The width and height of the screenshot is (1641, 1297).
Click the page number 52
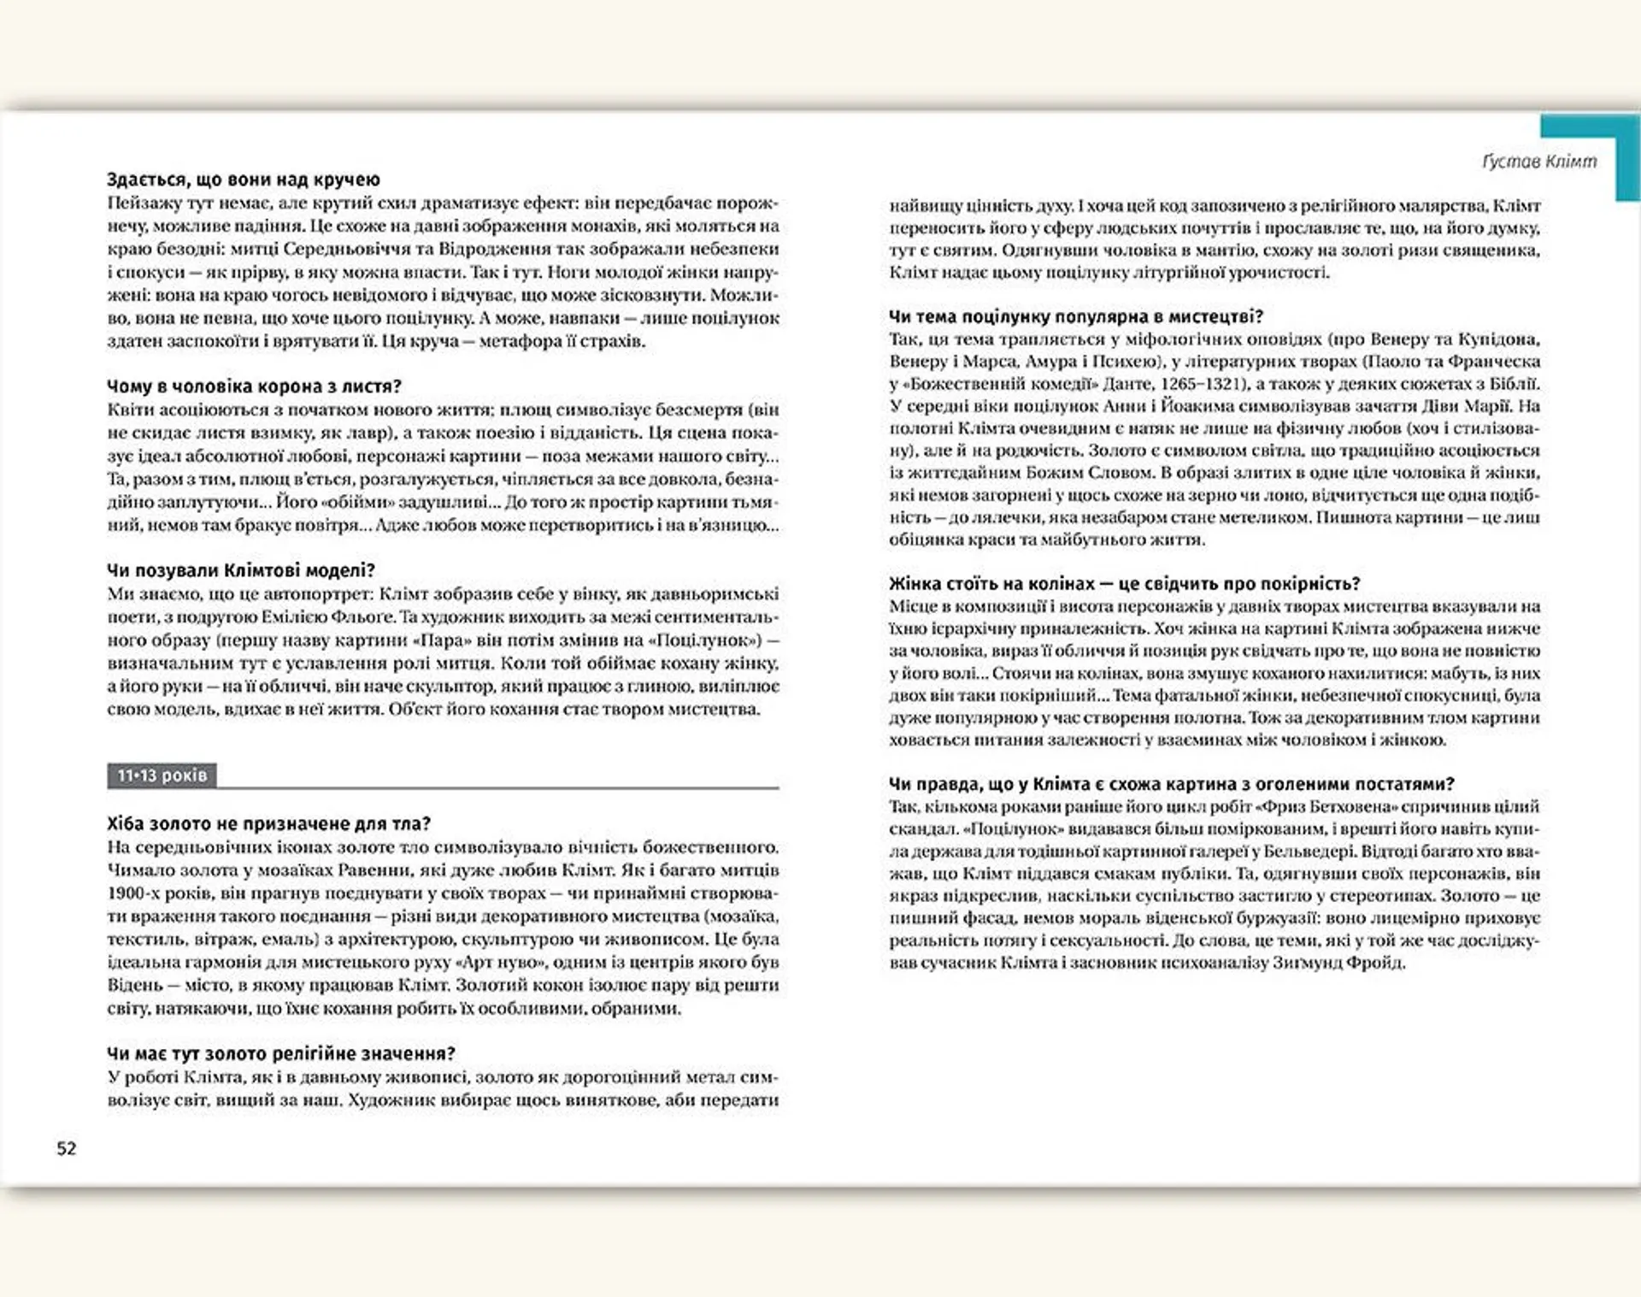(67, 1148)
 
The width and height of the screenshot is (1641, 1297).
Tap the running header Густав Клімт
(1538, 162)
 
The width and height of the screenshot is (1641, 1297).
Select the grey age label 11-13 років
(162, 775)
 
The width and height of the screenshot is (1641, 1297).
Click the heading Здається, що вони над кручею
(244, 180)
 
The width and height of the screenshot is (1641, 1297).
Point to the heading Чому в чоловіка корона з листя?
(254, 386)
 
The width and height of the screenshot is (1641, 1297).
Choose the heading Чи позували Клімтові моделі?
(241, 570)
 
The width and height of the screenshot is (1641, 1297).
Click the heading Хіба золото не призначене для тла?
(268, 824)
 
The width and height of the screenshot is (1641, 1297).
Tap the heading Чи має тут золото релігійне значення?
(281, 1053)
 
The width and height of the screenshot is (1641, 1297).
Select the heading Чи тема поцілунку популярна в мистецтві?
(1075, 316)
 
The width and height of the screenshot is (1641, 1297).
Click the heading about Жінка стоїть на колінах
(1124, 584)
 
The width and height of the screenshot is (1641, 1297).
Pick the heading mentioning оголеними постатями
(1171, 784)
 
